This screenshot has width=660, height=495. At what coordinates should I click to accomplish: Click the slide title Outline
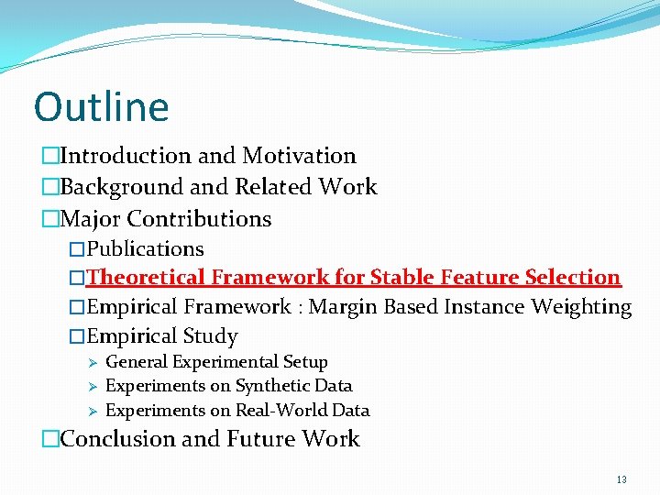pyautogui.click(x=101, y=106)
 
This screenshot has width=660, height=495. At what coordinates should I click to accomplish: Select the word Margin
pyautogui.click(x=347, y=307)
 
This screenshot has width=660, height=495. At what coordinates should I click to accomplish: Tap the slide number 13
pyautogui.click(x=621, y=479)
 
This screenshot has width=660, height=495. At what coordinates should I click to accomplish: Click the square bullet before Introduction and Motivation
pyautogui.click(x=49, y=157)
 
